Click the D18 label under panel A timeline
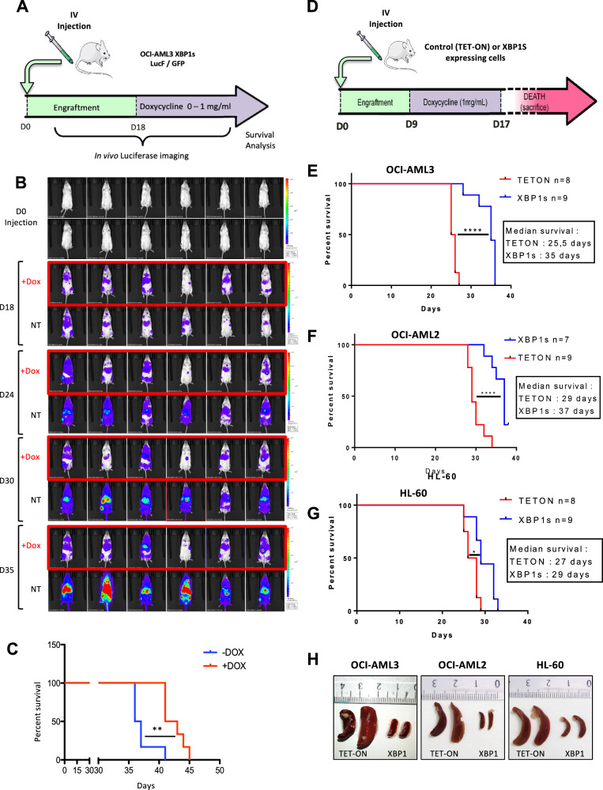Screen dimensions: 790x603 (136, 127)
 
